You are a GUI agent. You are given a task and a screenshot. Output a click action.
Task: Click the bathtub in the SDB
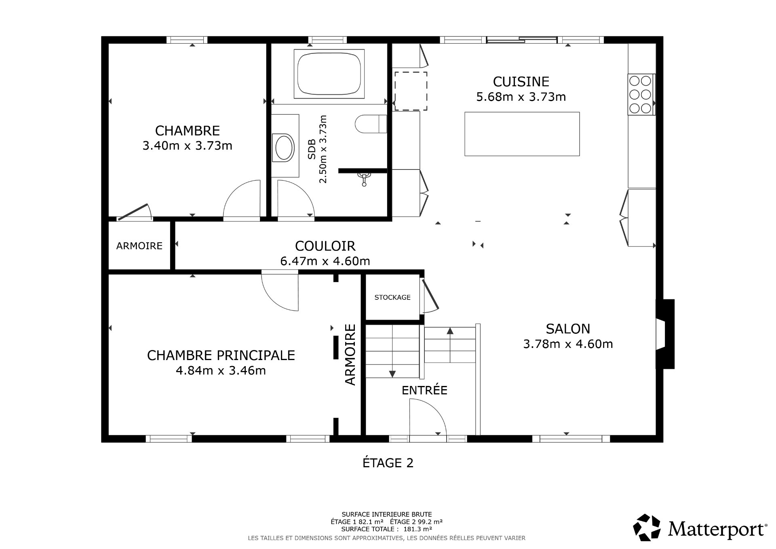click(329, 74)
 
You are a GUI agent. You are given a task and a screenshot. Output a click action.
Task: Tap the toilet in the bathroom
click(370, 124)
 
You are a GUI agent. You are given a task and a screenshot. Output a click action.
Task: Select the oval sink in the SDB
click(284, 148)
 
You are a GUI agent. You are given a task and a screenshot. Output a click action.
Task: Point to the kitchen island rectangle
click(522, 134)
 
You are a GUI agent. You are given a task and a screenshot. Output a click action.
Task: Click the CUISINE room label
click(521, 82)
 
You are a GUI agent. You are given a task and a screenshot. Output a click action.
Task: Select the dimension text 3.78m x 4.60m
click(568, 344)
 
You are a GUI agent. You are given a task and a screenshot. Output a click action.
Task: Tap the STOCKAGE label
click(392, 297)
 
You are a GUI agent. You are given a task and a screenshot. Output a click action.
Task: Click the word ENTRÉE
click(424, 390)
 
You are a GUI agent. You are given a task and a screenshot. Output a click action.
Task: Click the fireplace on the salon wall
click(664, 334)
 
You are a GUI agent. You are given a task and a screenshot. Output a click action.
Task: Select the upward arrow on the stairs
click(450, 332)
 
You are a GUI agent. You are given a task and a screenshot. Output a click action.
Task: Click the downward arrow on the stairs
click(392, 373)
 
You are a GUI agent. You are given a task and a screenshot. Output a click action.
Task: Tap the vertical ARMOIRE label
click(350, 354)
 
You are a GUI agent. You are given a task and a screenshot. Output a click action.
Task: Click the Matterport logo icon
click(647, 528)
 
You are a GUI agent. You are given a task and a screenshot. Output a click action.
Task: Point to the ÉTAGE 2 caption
click(388, 463)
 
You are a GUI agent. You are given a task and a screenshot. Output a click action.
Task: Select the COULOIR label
click(325, 246)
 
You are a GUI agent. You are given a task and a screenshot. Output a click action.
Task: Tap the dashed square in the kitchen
click(411, 91)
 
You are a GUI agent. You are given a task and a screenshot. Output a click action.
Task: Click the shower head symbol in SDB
click(364, 178)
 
